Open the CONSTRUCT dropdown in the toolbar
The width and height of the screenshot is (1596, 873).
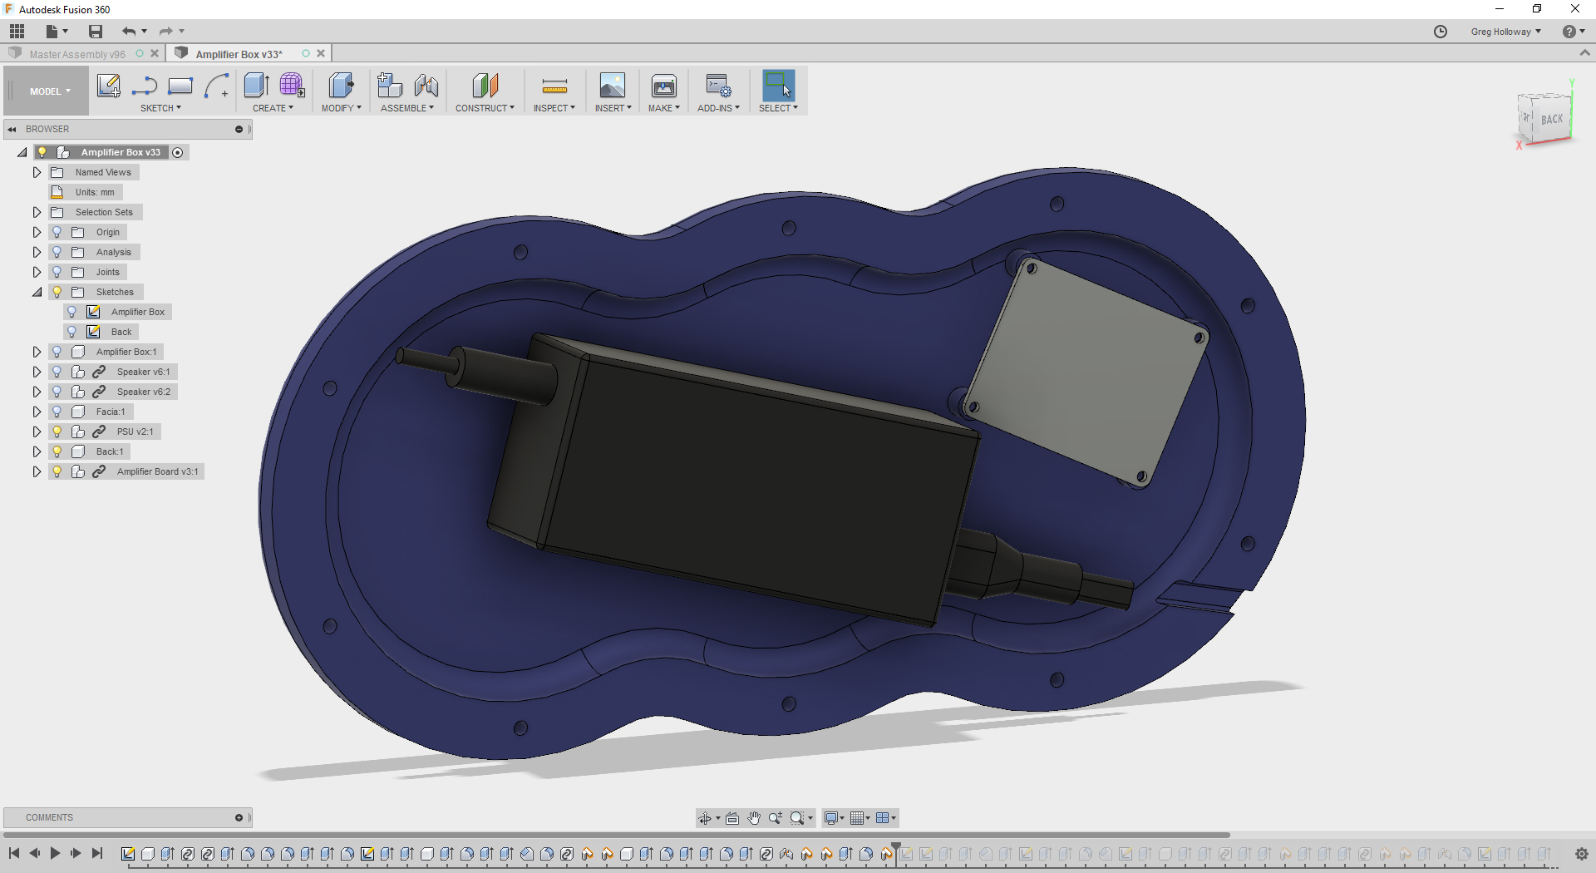485,108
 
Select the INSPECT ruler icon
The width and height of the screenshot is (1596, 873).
554,86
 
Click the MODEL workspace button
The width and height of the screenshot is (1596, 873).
48,91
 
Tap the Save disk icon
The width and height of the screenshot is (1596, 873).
96,32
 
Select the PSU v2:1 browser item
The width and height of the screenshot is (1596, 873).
135,432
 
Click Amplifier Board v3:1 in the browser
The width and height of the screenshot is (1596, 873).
157,471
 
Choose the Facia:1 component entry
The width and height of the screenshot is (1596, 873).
110,412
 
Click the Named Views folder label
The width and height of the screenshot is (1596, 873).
103,172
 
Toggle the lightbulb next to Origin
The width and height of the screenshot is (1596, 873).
57,232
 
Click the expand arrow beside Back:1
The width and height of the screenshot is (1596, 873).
37,451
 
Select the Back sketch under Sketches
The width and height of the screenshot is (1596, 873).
121,332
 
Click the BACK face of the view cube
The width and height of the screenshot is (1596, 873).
1550,120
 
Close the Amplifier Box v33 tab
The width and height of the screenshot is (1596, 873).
321,54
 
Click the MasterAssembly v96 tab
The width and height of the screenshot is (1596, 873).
76,54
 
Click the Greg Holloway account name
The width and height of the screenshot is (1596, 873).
1500,32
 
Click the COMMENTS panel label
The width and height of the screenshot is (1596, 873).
49,817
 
